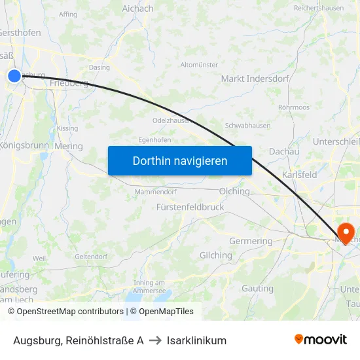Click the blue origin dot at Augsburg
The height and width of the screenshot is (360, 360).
pos(14,76)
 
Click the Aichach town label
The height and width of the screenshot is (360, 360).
pos(137,9)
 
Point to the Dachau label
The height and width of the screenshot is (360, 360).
pos(284,151)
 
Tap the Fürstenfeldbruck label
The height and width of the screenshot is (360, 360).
pos(190,207)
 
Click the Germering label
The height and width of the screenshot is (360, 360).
pos(251,241)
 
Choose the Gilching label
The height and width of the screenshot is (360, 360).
pos(216,255)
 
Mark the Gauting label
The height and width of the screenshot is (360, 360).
pos(257,288)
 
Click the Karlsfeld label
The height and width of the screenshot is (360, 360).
pos(299,175)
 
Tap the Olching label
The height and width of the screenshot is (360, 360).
pos(235,192)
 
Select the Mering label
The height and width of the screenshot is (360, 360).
pos(69,147)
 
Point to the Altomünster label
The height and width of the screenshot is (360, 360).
pos(199,65)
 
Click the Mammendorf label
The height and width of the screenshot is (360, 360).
pos(155,192)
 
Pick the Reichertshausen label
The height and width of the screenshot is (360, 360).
pos(319,8)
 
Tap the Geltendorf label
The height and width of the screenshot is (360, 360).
pos(90,256)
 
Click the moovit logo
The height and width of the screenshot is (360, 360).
pos(321,340)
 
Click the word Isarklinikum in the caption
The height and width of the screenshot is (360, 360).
pos(196,340)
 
